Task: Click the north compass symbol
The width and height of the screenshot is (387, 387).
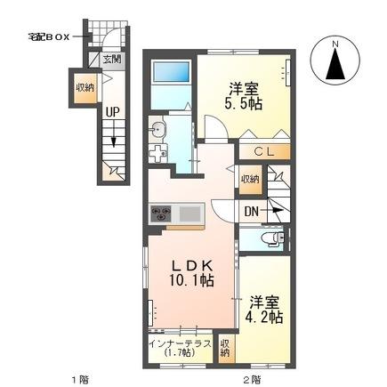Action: (x=336, y=62)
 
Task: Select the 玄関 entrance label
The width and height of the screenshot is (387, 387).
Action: (x=110, y=60)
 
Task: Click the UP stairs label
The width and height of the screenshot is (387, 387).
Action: (x=113, y=112)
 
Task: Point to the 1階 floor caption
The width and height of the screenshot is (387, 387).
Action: (x=80, y=378)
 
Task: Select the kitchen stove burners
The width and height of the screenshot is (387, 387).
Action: (x=162, y=213)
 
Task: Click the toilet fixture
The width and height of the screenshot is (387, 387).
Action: (x=270, y=238)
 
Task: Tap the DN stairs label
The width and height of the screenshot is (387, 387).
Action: (x=253, y=212)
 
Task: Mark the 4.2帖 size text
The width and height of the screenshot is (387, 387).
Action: (x=265, y=316)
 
